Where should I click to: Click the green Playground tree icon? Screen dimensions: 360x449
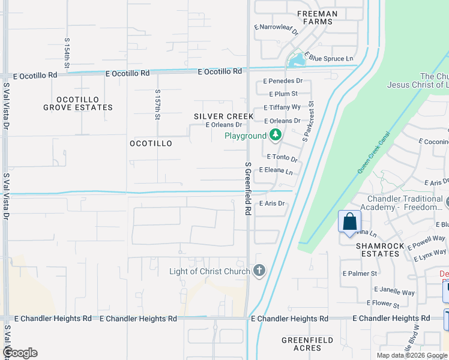(x=276, y=135)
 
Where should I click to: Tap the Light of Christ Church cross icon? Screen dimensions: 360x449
(x=259, y=271)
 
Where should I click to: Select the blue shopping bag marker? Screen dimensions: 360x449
(x=349, y=223)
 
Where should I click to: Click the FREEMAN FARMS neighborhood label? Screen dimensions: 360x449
(x=316, y=17)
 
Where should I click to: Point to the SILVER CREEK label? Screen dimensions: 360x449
(x=223, y=116)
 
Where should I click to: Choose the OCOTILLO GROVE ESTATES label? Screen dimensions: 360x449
(x=78, y=103)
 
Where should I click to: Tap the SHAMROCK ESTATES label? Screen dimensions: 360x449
(x=378, y=249)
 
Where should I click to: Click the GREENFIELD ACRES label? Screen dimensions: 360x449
(x=307, y=344)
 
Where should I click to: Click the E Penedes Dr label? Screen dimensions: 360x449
(x=282, y=80)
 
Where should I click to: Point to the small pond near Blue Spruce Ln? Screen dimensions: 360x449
(x=295, y=60)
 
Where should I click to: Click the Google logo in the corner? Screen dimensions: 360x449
(x=20, y=352)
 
